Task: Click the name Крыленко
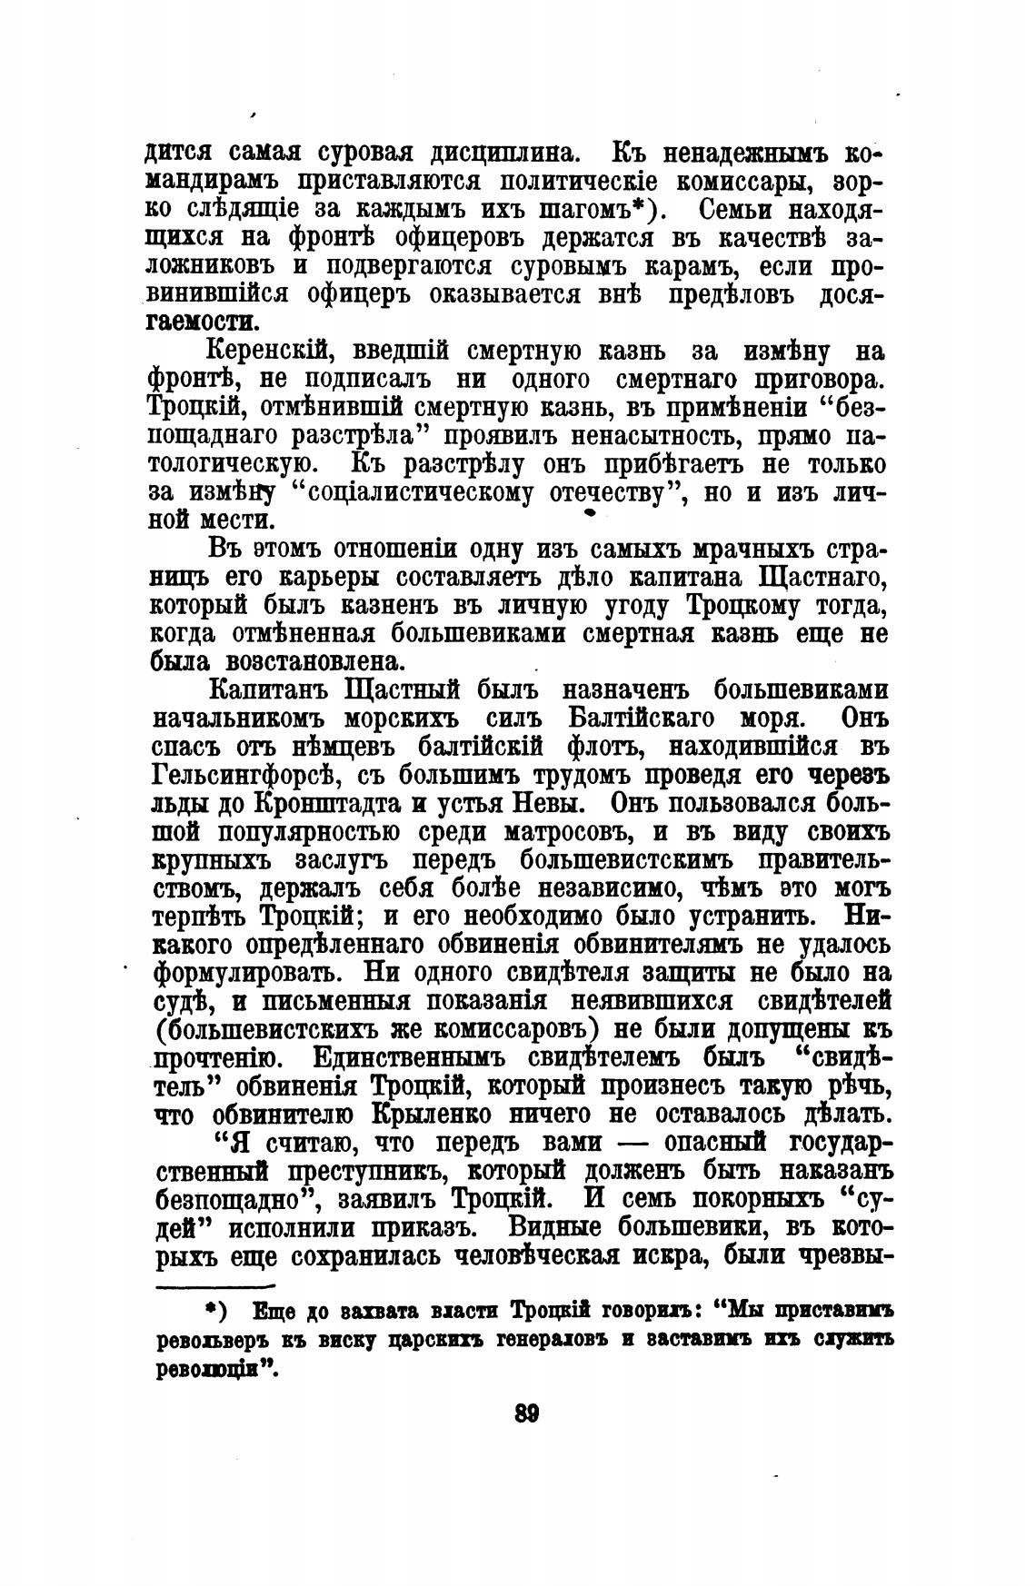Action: (x=515, y=1114)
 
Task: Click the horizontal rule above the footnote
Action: (x=215, y=1286)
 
